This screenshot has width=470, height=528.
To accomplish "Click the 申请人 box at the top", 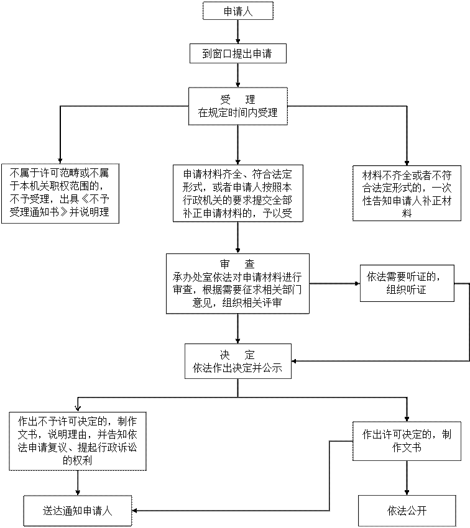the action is [x=238, y=11].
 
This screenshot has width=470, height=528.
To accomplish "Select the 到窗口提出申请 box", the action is [x=238, y=53].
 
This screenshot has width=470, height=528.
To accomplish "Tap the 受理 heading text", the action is [x=238, y=99].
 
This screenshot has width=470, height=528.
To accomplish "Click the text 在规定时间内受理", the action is [x=238, y=112].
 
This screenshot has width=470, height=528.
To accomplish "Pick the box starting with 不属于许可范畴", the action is [x=60, y=193].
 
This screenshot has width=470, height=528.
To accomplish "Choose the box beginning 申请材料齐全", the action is [x=238, y=193].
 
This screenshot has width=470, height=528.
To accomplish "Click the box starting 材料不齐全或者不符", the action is [x=407, y=193].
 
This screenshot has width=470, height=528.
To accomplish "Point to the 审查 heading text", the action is [x=237, y=264].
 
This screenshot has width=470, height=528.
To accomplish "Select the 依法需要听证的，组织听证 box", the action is [x=407, y=283].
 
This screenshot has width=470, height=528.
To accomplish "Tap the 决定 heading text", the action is [x=237, y=355].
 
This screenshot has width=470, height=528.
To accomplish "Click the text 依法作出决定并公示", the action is [x=237, y=368].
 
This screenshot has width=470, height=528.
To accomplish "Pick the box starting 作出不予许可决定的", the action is [x=78, y=441].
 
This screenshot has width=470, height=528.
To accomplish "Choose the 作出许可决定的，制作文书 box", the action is [x=407, y=441].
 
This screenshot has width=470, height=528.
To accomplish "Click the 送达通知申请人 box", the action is [x=78, y=511].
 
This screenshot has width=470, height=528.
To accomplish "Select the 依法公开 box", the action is [x=407, y=511].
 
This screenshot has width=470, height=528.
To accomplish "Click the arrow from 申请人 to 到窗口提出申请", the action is [x=238, y=32].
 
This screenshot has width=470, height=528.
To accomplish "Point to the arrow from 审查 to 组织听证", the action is [x=334, y=283].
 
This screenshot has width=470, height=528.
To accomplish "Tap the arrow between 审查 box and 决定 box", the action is [x=238, y=329].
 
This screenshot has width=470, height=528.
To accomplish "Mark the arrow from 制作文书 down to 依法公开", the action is [x=407, y=478].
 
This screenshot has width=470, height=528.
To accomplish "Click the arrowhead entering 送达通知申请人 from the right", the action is [x=134, y=511].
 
